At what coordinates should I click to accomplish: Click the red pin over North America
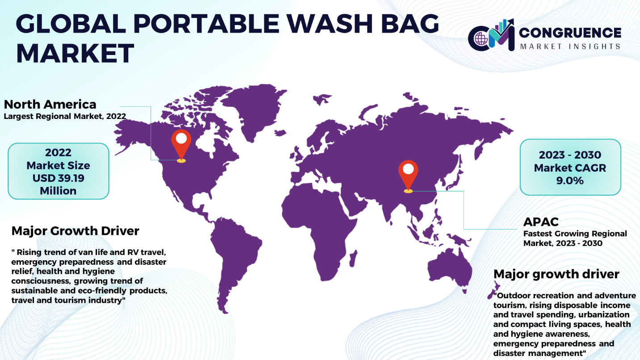181,144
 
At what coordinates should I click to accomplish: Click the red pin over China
408,175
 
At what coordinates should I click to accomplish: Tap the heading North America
50,104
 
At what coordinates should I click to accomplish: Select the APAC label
541,222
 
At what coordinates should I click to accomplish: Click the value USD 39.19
58,178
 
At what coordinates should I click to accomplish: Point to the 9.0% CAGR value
570,181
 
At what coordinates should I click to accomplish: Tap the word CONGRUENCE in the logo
570,33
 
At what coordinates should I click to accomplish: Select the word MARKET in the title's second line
76,54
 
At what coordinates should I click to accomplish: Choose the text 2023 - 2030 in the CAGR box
570,155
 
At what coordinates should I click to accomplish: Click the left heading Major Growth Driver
75,231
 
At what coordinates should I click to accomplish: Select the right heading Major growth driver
556,274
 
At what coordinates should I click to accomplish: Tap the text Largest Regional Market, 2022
65,116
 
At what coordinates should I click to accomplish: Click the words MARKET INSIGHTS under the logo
570,47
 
